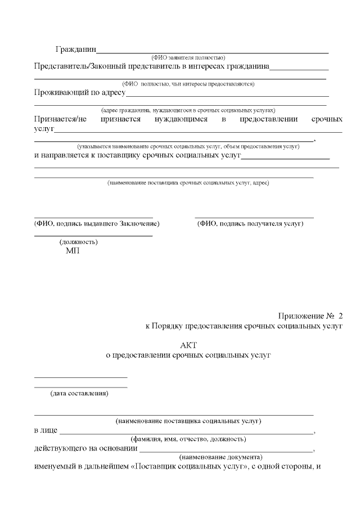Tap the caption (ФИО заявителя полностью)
tap(188, 58)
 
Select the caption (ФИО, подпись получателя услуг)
tap(250, 224)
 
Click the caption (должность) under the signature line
tap(79, 242)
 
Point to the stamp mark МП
tap(73, 251)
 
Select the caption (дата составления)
tap(80, 393)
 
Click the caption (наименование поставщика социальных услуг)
tap(188, 420)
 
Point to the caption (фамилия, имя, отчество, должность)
tap(188, 439)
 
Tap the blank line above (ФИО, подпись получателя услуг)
tap(254, 217)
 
